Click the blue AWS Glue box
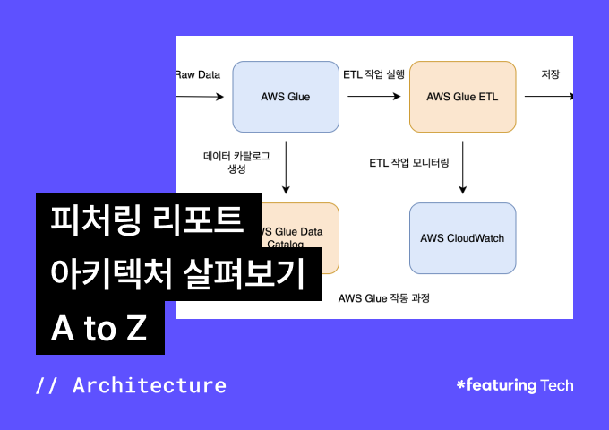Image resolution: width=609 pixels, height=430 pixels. pyautogui.click(x=286, y=97)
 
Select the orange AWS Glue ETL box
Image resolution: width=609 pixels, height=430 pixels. pyautogui.click(x=462, y=97)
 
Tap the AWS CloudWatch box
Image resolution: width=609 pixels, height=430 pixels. pyautogui.click(x=462, y=238)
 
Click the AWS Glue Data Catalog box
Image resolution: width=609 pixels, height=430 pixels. pyautogui.click(x=300, y=237)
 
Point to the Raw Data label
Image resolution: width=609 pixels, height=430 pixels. pyautogui.click(x=198, y=74)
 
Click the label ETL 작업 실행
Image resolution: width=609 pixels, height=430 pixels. pyautogui.click(x=374, y=74)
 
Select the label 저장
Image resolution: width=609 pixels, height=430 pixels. pyautogui.click(x=551, y=74)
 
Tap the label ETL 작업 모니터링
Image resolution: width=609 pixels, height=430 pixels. pyautogui.click(x=409, y=163)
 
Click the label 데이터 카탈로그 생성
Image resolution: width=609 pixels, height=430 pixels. pyautogui.click(x=236, y=162)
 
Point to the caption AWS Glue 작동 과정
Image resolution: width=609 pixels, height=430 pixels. pyautogui.click(x=384, y=297)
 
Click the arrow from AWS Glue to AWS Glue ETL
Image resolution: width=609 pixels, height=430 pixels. pyautogui.click(x=374, y=97)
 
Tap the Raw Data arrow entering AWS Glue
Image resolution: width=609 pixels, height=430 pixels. pyautogui.click(x=200, y=97)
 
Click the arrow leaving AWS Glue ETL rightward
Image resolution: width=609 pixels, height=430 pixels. pyautogui.click(x=548, y=97)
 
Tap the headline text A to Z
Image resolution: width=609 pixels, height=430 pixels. pyautogui.click(x=99, y=329)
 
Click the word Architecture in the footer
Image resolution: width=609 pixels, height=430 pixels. pyautogui.click(x=150, y=386)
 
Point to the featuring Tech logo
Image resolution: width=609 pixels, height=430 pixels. pyautogui.click(x=515, y=385)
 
